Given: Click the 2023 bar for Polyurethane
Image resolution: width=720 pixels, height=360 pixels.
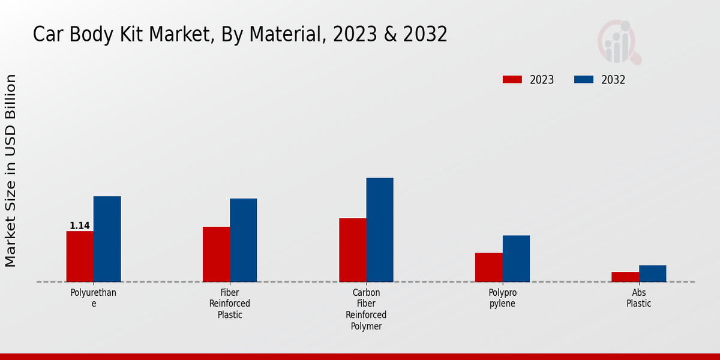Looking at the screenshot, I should click(x=80, y=256).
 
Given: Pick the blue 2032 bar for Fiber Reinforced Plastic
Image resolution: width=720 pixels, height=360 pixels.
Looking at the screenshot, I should click(x=243, y=240).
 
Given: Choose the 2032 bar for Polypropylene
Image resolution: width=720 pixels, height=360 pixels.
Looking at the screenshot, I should click(x=516, y=259).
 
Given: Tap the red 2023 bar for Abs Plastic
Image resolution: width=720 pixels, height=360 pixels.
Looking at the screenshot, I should click(x=625, y=277).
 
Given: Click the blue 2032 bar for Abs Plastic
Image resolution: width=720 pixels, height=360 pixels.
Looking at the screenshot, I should click(x=652, y=274).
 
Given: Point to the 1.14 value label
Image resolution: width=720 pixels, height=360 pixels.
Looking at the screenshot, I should click(x=80, y=226).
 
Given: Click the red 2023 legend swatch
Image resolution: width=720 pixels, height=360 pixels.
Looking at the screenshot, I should click(x=512, y=80).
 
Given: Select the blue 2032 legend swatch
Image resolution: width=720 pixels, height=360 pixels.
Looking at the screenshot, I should click(x=584, y=80).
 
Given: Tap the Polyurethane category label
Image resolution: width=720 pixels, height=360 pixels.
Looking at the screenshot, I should click(x=94, y=298).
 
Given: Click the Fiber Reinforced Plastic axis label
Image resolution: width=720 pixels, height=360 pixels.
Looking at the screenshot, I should click(x=230, y=304).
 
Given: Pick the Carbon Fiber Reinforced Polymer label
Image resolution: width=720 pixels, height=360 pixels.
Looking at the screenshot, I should click(x=366, y=310).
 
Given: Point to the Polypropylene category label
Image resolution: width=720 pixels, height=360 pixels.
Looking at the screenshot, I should click(x=502, y=298).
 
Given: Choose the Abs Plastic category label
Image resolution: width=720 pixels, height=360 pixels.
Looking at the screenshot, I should click(x=638, y=298).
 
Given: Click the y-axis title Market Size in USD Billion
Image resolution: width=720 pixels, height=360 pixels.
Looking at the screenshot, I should click(x=11, y=171).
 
